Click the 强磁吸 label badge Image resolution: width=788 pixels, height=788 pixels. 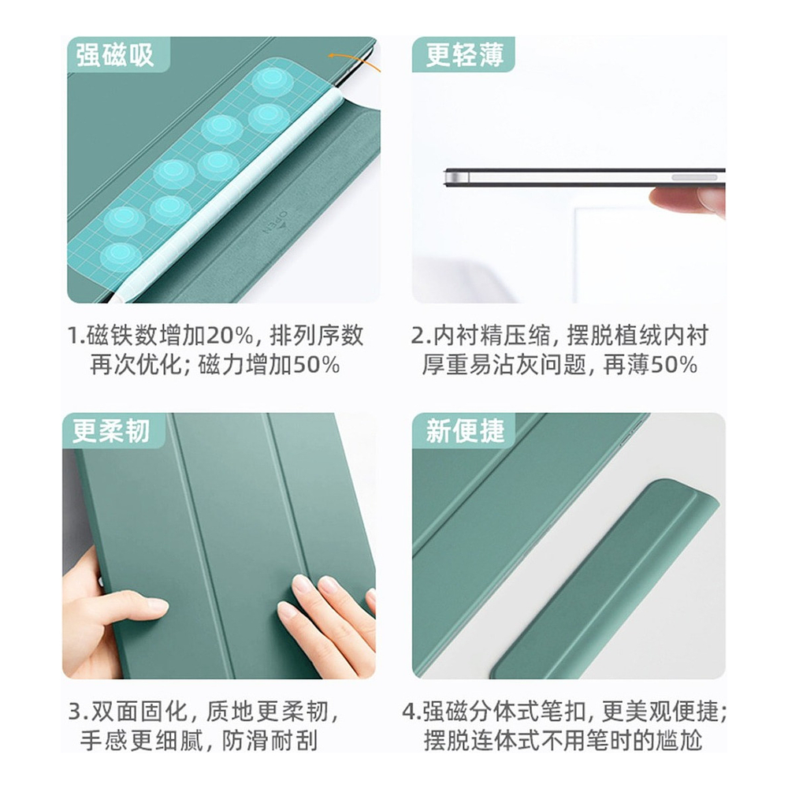[x=118, y=54]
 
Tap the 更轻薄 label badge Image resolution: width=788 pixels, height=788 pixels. [x=463, y=54]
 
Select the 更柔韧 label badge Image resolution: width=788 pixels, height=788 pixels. [x=113, y=431]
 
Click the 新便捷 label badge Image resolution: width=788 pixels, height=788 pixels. [x=463, y=431]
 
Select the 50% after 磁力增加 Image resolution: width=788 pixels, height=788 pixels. [x=317, y=365]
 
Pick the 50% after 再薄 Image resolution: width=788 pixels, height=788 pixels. [x=674, y=365]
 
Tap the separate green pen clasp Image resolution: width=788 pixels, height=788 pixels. [x=603, y=578]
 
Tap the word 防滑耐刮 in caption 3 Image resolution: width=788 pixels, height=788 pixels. [x=269, y=740]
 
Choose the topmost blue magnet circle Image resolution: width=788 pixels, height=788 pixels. [x=272, y=80]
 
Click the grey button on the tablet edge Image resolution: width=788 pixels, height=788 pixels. [x=694, y=177]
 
